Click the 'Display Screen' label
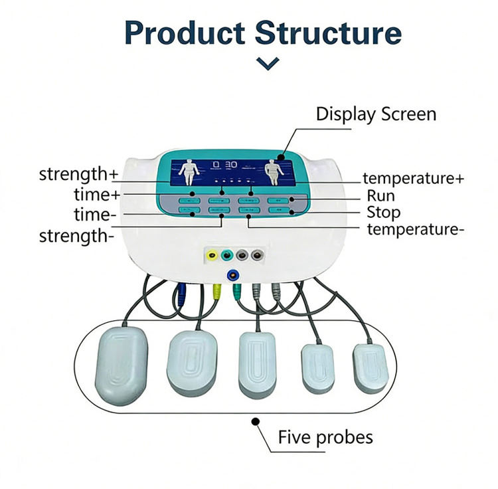pos(376,114)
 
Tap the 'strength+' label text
pos(78,175)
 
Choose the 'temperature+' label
pos(413,178)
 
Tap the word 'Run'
pos(381,195)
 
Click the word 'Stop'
pos(384,213)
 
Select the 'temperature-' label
pos(416,229)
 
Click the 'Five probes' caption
pos(325,437)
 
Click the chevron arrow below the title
pos(268,63)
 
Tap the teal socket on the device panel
pos(227,254)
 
